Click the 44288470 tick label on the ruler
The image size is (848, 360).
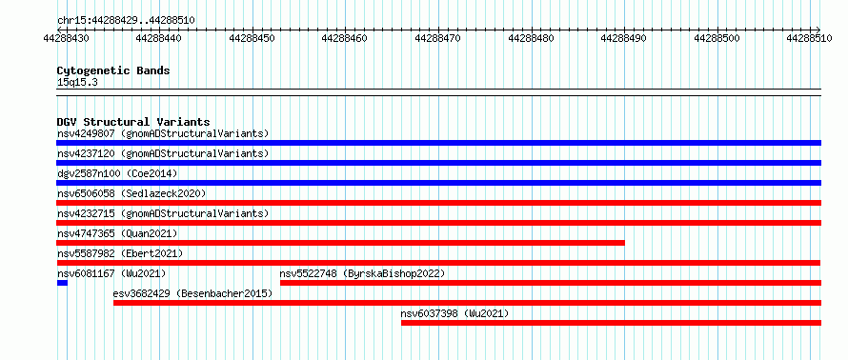[x=437, y=38]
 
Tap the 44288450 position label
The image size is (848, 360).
[x=252, y=38]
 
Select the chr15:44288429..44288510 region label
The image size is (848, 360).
[x=126, y=21]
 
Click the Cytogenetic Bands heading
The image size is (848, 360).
[x=113, y=70]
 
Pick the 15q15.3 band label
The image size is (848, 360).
[x=77, y=83]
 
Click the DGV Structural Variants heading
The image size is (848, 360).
[x=133, y=122]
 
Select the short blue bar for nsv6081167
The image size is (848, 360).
[x=62, y=283]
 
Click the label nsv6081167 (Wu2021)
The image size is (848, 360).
[x=111, y=273]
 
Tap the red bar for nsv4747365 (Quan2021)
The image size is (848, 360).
[x=341, y=243]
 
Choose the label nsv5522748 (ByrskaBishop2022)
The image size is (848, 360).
[x=362, y=273]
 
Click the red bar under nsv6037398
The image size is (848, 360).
[x=611, y=323]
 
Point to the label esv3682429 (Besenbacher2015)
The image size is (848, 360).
[x=192, y=293]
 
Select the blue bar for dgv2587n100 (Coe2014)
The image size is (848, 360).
[x=438, y=183]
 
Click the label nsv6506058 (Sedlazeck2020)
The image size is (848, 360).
[x=131, y=193]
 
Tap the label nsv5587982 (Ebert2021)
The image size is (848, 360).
[x=120, y=253]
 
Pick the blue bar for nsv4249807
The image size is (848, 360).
[x=438, y=143]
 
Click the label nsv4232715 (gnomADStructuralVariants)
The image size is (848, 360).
[x=163, y=213]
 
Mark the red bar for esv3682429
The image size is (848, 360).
[x=467, y=303]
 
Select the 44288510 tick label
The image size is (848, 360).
[x=809, y=38]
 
